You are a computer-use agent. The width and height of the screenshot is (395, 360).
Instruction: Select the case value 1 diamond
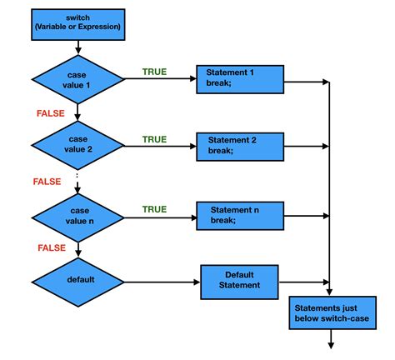[77, 81]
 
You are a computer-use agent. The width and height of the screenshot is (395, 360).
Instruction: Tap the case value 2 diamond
[77, 147]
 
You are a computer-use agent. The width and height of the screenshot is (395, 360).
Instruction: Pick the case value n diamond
[77, 217]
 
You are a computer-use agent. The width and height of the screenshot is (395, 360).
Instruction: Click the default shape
[77, 279]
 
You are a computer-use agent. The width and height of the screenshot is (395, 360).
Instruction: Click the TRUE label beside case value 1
[154, 72]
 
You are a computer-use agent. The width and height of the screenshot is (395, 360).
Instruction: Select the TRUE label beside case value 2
[154, 138]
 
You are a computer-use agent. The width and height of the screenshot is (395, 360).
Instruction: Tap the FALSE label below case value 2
[47, 181]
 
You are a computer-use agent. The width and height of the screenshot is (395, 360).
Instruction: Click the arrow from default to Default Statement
[162, 280]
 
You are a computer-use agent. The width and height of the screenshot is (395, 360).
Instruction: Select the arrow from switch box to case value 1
[77, 47]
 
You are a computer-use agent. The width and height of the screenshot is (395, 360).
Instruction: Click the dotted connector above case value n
[77, 178]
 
